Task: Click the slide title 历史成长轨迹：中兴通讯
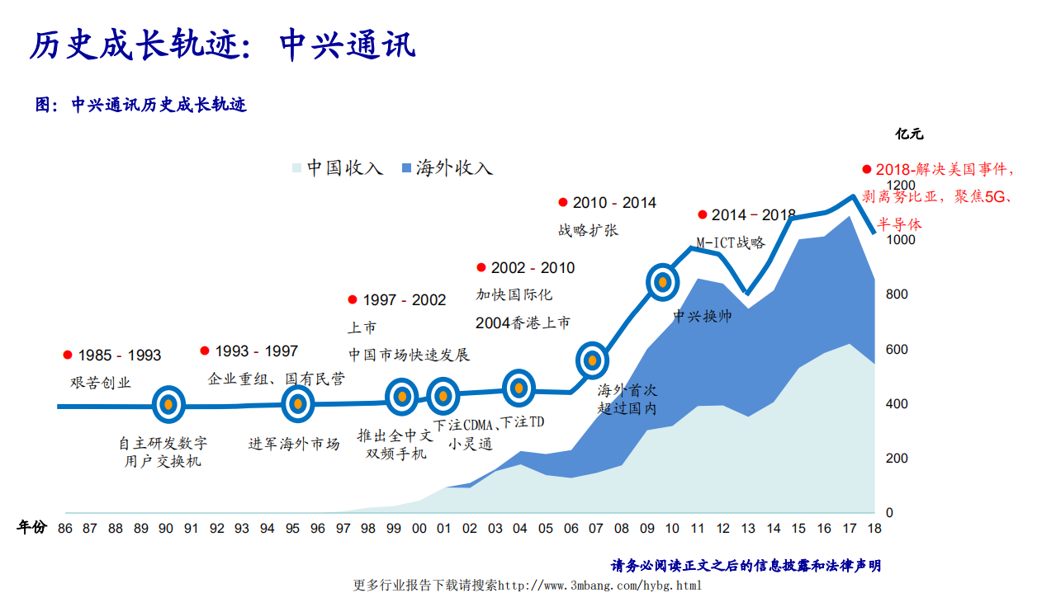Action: pyautogui.click(x=222, y=45)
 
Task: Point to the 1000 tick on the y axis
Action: pyautogui.click(x=901, y=240)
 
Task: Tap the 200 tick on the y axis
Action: pyautogui.click(x=896, y=459)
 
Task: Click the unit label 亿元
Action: pyautogui.click(x=909, y=133)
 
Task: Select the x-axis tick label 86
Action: pyautogui.click(x=64, y=529)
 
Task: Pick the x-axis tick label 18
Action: pyautogui.click(x=874, y=529)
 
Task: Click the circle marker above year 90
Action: pyautogui.click(x=168, y=404)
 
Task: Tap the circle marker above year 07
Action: pyautogui.click(x=592, y=360)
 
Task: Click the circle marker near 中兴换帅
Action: pyautogui.click(x=662, y=282)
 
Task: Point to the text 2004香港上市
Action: pyautogui.click(x=523, y=322)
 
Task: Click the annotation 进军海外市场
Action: pyautogui.click(x=294, y=444)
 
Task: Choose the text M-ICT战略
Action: pyautogui.click(x=730, y=242)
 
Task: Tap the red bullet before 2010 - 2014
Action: pyautogui.click(x=563, y=202)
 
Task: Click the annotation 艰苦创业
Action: pyautogui.click(x=101, y=383)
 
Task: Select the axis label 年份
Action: pyautogui.click(x=32, y=528)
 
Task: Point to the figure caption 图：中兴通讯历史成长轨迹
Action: pyautogui.click(x=140, y=105)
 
